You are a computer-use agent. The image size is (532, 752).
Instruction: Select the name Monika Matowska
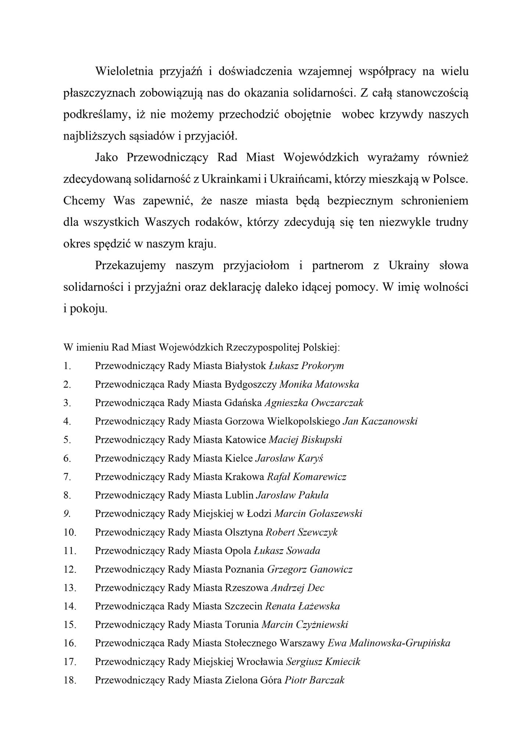(319, 384)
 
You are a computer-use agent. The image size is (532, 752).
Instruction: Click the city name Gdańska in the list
(243, 403)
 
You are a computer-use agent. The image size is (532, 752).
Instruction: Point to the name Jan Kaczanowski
(380, 421)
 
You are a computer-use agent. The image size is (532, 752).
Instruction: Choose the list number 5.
(67, 440)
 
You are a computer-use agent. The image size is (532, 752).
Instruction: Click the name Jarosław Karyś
(289, 458)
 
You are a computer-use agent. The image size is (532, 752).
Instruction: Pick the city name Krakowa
(244, 477)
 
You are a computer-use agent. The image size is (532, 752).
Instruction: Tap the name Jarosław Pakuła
(292, 495)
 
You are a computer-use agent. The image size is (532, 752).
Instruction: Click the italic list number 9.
(67, 514)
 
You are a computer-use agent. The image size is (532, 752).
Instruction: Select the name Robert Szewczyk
(302, 532)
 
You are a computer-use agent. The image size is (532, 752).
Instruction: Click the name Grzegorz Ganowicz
(310, 570)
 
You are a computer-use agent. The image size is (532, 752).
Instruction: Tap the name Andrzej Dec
(298, 588)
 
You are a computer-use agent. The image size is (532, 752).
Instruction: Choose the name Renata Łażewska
(302, 606)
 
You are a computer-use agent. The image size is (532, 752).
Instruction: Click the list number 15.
(69, 625)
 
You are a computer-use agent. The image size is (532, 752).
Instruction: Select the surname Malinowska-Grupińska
(400, 643)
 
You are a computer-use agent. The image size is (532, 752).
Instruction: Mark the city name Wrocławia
(259, 662)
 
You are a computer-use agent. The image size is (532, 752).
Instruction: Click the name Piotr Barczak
(314, 680)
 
